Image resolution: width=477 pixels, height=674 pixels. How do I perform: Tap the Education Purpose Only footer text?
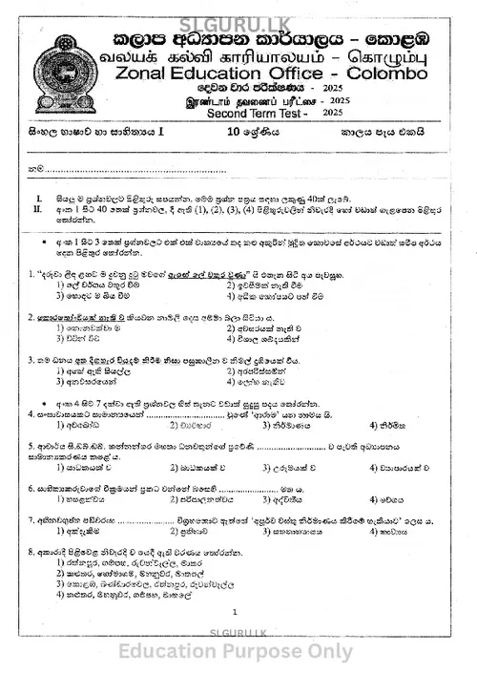(238, 652)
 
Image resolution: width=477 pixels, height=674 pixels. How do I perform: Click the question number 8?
(31, 553)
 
